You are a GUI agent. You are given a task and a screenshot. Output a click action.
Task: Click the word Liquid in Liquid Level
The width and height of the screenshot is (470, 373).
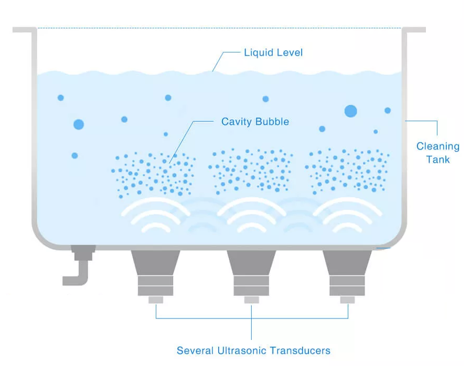[x=259, y=53]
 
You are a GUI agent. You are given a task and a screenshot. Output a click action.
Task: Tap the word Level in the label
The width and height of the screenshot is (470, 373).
[x=290, y=52]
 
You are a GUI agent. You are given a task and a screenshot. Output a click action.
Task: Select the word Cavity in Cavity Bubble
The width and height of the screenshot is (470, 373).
[x=237, y=122]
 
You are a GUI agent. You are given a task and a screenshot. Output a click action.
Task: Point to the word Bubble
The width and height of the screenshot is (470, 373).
[x=272, y=121]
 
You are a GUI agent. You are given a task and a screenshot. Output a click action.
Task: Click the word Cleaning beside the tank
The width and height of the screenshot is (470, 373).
[x=437, y=146]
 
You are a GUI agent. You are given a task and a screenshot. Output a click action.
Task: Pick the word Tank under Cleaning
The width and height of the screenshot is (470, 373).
[x=438, y=159]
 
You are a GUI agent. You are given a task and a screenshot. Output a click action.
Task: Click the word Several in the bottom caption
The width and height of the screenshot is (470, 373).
[x=195, y=350]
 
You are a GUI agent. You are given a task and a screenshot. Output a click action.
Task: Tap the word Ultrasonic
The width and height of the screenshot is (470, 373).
[x=242, y=350]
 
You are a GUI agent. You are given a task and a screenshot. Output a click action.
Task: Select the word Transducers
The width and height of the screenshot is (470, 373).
[x=300, y=350]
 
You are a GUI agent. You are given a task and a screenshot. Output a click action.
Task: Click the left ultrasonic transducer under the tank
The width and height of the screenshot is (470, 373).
[x=156, y=273]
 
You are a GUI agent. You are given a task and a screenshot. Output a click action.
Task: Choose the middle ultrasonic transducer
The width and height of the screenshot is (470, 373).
[x=251, y=273]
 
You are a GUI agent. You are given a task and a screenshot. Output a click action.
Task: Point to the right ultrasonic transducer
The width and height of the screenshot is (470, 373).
[x=347, y=273]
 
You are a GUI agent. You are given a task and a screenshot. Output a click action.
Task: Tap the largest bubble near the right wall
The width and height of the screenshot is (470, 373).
[x=351, y=111]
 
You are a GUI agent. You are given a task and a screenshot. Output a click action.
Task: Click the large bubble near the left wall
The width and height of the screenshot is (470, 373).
[x=79, y=124]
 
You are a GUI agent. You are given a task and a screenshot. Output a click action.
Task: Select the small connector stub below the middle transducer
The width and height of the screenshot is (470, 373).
[x=251, y=300]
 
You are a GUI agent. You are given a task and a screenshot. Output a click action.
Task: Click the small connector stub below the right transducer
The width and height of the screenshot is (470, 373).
[x=347, y=300]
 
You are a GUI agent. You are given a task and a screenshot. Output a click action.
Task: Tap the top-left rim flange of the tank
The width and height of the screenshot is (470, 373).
[x=25, y=30]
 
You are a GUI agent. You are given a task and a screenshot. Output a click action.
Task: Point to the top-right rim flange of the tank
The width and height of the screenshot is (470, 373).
[x=414, y=30]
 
